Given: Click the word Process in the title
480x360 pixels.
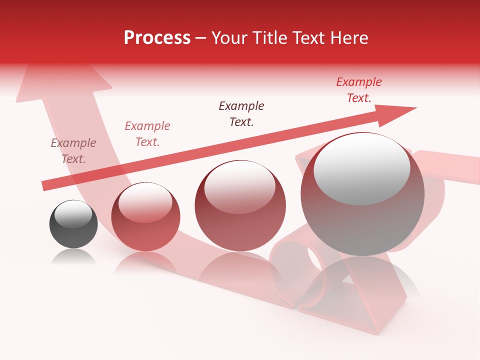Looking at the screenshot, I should pos(157,38).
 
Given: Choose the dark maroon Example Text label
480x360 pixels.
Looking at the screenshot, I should pos(241,113).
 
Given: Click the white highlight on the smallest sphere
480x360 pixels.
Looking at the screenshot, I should pos(73,214).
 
